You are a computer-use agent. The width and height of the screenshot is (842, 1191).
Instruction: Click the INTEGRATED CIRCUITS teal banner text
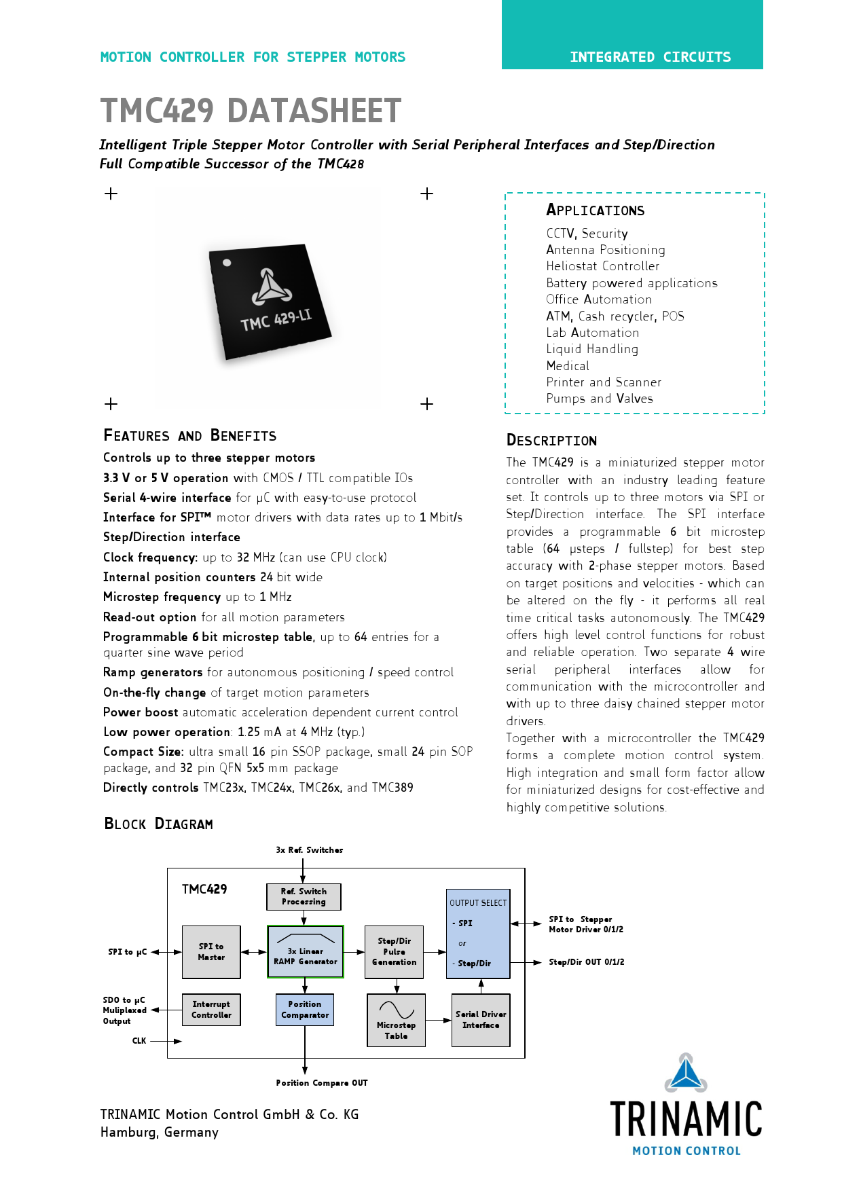point(650,57)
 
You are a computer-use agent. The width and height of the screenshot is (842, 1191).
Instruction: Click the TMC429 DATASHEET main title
point(251,111)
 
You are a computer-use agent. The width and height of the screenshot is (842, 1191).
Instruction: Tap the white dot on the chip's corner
point(227,263)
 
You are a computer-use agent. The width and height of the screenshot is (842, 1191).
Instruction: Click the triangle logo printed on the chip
point(272,287)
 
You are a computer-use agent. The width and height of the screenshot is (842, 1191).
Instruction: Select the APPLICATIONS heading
point(595,210)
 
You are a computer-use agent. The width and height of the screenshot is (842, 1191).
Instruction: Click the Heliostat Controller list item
point(602,266)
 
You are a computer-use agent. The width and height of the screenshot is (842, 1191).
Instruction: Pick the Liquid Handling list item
point(592,349)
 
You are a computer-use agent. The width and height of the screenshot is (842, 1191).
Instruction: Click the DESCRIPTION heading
point(551,441)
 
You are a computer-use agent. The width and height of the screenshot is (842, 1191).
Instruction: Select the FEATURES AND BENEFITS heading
point(189,436)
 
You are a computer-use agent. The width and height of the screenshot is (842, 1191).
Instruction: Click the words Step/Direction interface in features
point(172,537)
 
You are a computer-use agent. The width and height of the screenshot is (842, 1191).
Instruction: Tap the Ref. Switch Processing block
point(304,896)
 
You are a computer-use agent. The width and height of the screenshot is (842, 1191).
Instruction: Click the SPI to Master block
point(211,951)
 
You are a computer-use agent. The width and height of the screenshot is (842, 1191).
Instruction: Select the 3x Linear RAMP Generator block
point(306,951)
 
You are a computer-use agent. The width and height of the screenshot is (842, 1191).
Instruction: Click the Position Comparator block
point(305,1009)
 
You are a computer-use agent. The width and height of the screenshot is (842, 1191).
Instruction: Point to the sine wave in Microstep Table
point(397,1010)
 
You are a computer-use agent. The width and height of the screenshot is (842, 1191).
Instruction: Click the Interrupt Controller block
point(211,1009)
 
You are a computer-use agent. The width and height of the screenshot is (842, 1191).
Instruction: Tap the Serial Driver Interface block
point(481,1020)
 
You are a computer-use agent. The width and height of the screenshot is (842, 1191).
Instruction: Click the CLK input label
point(139,1041)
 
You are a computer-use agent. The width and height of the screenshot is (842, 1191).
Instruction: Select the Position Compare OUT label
point(321,1083)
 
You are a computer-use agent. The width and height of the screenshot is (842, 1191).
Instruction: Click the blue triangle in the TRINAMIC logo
point(686,1074)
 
